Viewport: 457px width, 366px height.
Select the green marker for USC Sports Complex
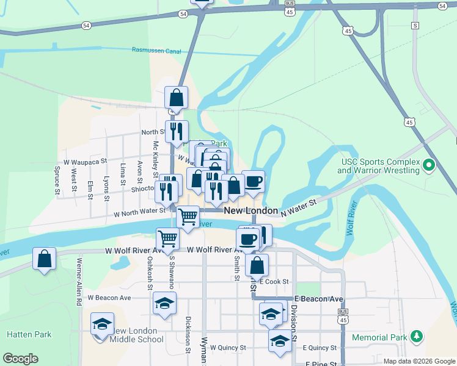[429, 165]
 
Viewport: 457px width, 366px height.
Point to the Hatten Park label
[29, 334]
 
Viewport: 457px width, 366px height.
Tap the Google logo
[20, 359]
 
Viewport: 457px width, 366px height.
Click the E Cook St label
[273, 282]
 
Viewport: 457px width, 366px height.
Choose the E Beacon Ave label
[318, 299]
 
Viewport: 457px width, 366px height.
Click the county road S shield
[415, 26]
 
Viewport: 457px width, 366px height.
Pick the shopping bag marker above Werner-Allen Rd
[45, 259]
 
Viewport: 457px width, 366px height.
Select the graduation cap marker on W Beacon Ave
[165, 303]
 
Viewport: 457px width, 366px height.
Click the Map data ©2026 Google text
[419, 361]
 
